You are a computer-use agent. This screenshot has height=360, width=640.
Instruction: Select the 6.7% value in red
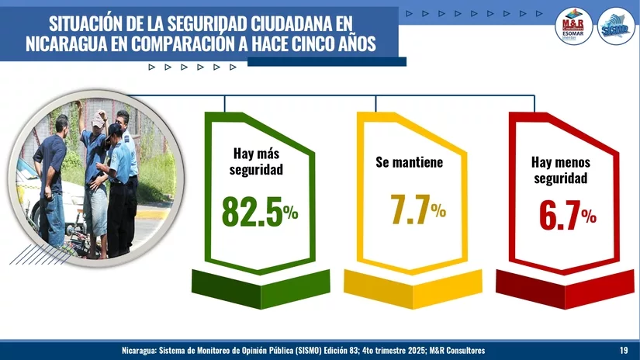point(567,215)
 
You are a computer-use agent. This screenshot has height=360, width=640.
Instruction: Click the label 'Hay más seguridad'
point(257,161)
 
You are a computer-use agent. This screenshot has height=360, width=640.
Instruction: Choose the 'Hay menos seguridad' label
point(561,170)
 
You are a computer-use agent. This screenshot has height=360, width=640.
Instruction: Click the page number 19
point(624,351)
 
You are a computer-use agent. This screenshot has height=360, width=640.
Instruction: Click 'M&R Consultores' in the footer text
point(455,351)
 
